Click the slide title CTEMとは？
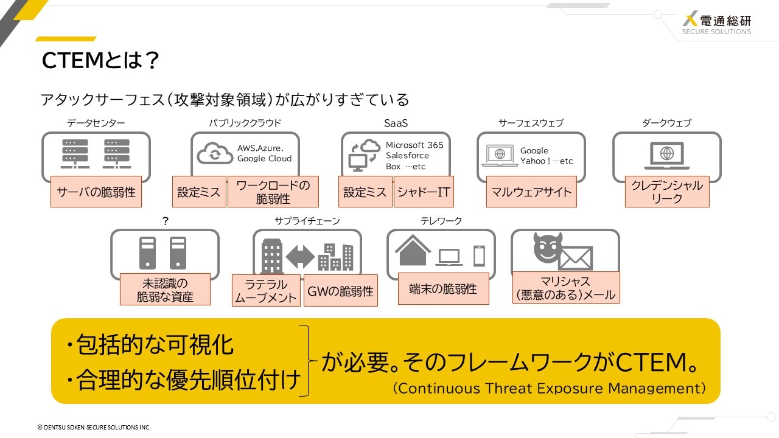pyautogui.click(x=100, y=60)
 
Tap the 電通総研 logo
pyautogui.click(x=716, y=23)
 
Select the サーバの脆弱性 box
pyautogui.click(x=96, y=192)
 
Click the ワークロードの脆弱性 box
pyautogui.click(x=273, y=192)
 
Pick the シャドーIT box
pyautogui.click(x=424, y=192)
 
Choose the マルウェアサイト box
pyautogui.click(x=531, y=192)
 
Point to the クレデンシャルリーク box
pyautogui.click(x=667, y=192)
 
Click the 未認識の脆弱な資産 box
pyautogui.click(x=165, y=289)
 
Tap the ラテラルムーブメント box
pyautogui.click(x=266, y=291)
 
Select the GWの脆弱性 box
pyautogui.click(x=341, y=291)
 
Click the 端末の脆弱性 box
pyautogui.click(x=444, y=288)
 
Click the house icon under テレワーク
pyautogui.click(x=413, y=251)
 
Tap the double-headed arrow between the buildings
pyautogui.click(x=301, y=257)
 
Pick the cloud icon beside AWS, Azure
pyautogui.click(x=215, y=153)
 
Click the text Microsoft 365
pyautogui.click(x=414, y=145)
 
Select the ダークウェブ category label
pyautogui.click(x=666, y=123)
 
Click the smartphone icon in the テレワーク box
pyautogui.click(x=479, y=256)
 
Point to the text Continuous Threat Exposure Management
pyautogui.click(x=549, y=388)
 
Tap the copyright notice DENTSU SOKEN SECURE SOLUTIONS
pyautogui.click(x=94, y=427)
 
